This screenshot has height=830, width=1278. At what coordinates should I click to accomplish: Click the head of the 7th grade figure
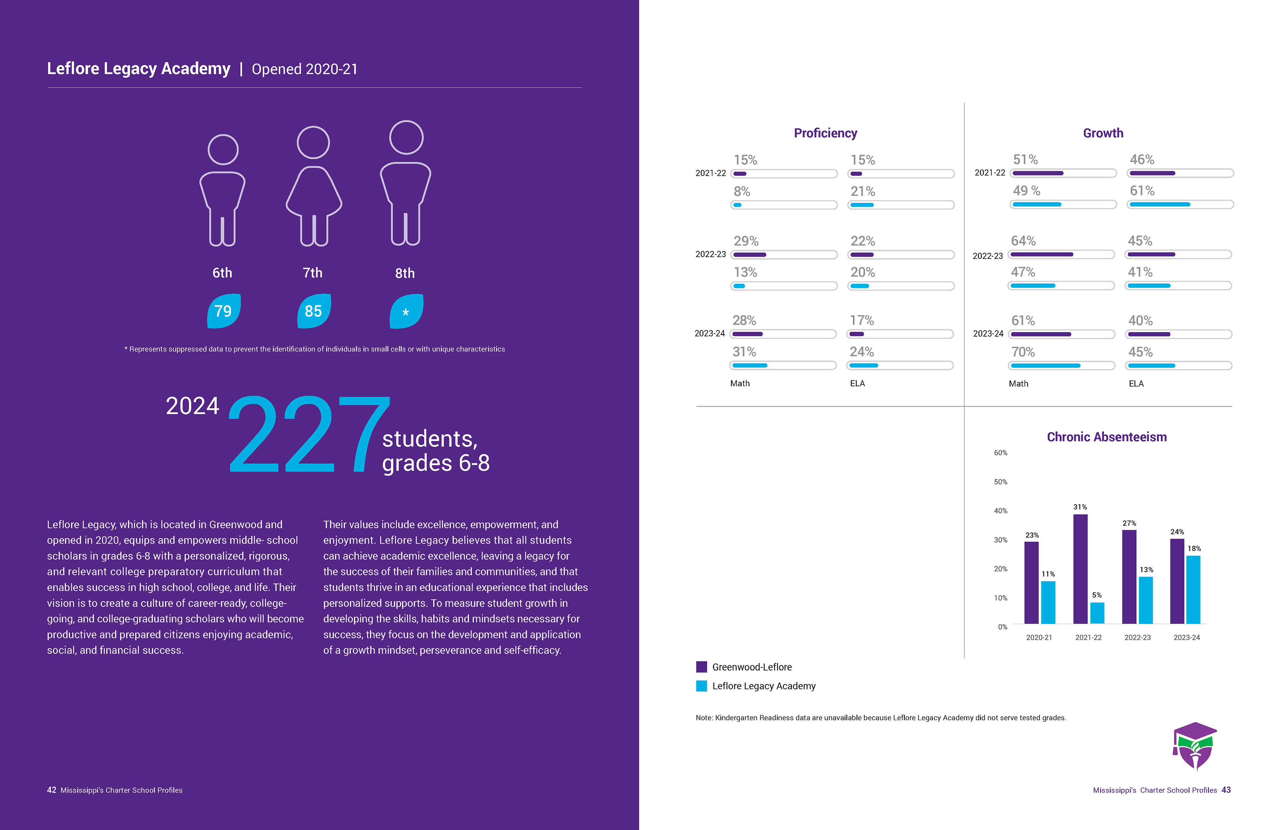click(313, 142)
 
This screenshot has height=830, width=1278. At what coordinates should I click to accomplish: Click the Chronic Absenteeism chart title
click(1106, 437)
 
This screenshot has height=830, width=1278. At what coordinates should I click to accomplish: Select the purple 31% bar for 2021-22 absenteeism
click(1080, 568)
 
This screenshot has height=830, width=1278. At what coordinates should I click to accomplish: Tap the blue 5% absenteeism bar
click(1097, 613)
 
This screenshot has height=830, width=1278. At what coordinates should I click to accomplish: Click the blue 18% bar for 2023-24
click(1193, 589)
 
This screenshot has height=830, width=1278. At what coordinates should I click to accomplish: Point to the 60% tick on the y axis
click(1000, 453)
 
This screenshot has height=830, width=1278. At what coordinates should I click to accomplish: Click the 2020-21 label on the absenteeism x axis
click(1038, 638)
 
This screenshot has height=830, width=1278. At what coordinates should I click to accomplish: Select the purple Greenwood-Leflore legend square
click(701, 667)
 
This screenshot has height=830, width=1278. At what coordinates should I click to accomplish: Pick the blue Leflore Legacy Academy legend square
click(701, 686)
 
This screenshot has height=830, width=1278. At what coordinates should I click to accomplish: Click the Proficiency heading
click(825, 133)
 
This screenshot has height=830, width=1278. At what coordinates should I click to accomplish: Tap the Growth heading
click(1103, 133)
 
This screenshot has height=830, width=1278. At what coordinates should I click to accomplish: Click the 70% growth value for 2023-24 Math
click(1023, 352)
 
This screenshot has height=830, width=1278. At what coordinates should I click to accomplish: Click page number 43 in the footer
click(1226, 790)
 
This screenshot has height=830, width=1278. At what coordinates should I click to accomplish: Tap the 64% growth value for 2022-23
click(1023, 241)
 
